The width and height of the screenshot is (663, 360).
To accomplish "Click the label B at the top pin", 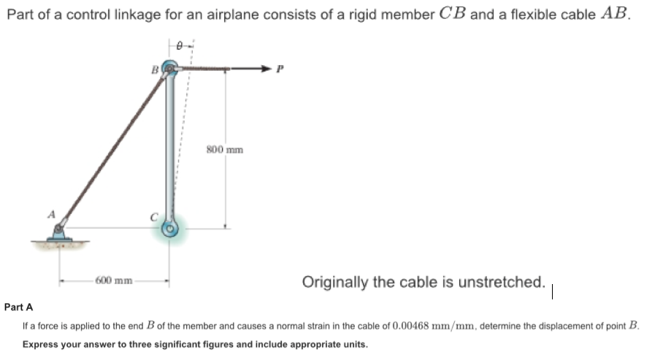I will pos(154,70).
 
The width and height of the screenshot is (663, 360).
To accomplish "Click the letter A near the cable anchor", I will pos(51,215).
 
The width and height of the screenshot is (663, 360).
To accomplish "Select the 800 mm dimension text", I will pos(225,150).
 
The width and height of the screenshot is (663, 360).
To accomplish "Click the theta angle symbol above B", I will pos(177,45).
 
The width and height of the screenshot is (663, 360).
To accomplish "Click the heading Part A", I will pos(18,308).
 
